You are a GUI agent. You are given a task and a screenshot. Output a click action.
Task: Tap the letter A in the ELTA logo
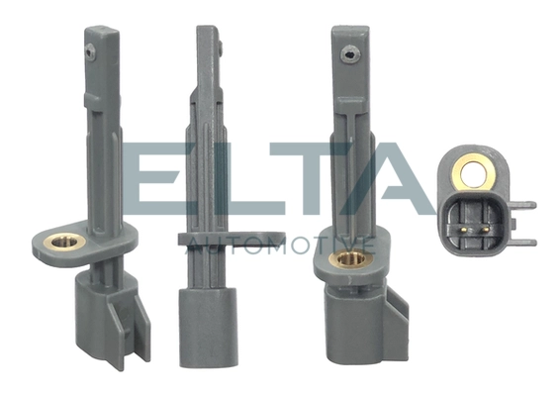[x=396, y=183]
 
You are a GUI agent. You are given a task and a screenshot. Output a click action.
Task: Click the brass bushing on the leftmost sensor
[x=66, y=241]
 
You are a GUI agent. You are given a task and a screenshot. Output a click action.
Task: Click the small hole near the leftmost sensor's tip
[x=90, y=47]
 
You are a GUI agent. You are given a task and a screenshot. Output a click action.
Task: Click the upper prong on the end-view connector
[x=525, y=206]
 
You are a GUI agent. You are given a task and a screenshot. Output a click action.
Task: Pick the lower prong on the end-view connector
[x=525, y=241]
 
